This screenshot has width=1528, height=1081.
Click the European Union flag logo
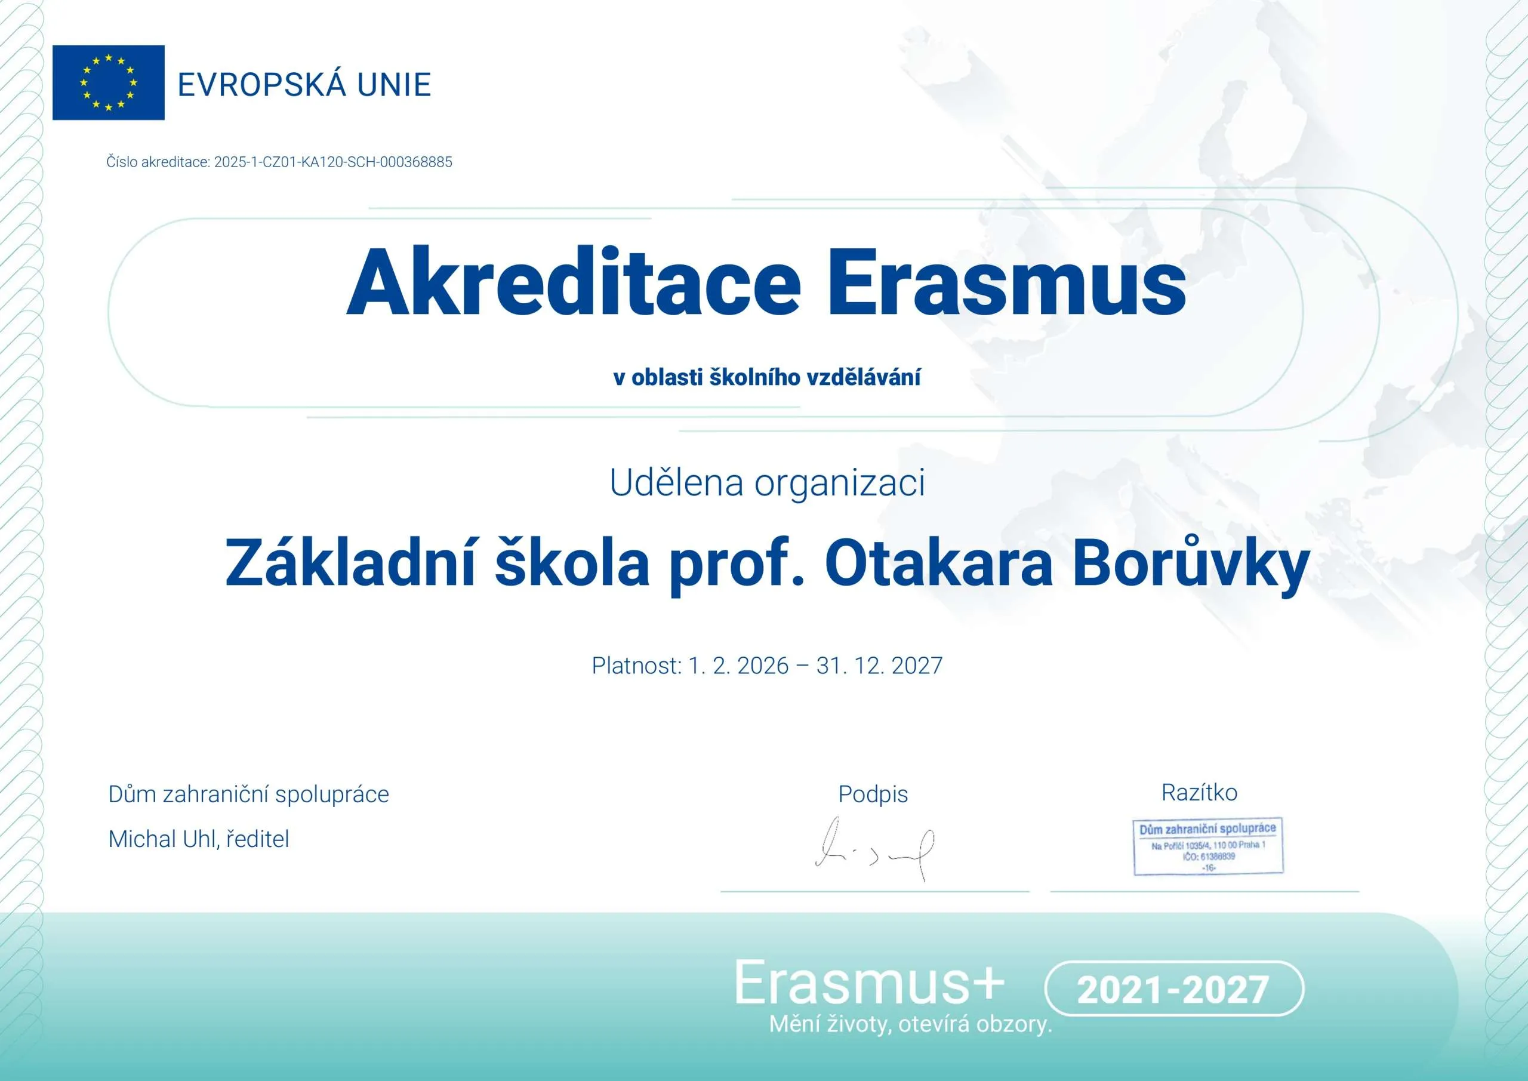click(109, 82)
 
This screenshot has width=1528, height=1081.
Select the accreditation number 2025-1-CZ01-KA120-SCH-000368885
click(332, 162)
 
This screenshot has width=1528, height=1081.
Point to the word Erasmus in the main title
click(1006, 282)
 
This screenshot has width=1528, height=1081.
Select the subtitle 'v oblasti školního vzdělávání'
click(766, 377)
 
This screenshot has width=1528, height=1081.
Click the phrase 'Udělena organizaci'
click(766, 482)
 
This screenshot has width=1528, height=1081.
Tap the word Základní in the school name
click(351, 562)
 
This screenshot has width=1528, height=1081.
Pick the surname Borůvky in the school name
click(1191, 565)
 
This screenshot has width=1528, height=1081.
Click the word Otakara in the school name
click(939, 563)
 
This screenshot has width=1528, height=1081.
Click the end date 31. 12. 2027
click(879, 666)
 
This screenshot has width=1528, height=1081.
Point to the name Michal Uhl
click(164, 839)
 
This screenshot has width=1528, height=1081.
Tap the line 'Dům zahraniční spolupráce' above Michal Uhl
click(249, 794)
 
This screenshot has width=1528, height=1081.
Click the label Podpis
click(873, 794)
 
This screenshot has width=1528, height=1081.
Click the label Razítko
click(1199, 792)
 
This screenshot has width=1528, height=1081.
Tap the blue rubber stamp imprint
click(1208, 846)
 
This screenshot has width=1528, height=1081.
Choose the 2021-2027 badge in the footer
click(1174, 988)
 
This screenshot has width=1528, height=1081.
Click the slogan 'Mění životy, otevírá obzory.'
click(910, 1024)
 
